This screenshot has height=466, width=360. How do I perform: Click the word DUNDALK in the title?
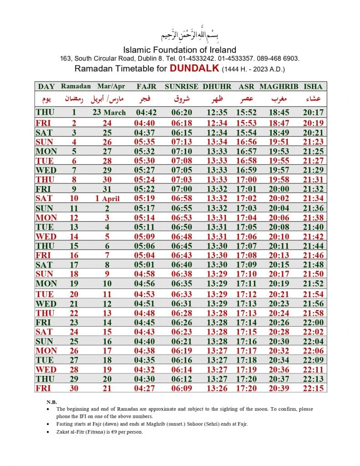195,69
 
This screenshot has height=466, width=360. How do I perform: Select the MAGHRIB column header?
279,86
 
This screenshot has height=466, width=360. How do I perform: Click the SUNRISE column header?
181,86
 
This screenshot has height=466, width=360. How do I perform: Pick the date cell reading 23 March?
109,112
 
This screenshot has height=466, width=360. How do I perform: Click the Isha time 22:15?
313,388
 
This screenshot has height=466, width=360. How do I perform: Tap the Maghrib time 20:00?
279,189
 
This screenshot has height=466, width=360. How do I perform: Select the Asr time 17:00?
246,179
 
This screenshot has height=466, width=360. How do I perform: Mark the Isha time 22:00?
313,322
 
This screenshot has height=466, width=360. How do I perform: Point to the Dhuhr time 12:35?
217,112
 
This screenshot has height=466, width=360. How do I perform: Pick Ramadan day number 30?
73,388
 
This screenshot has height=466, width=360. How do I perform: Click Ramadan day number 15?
73,246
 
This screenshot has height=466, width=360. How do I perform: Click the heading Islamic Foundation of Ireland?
180,50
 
